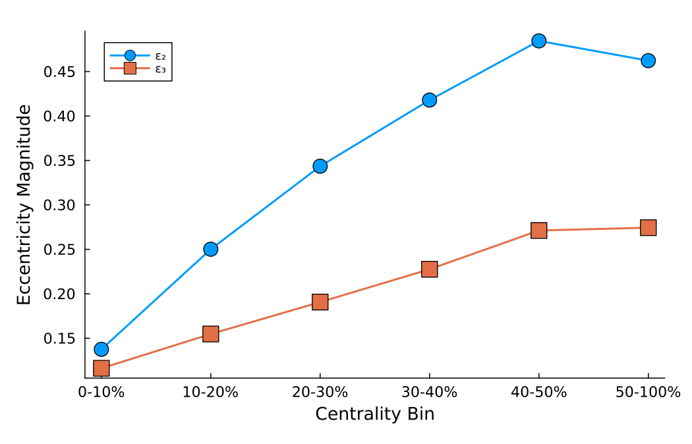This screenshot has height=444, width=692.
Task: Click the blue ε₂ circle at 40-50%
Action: coord(538,41)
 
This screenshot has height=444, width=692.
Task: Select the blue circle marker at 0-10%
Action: coord(101,349)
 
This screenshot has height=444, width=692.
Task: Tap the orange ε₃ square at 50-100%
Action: coord(648,227)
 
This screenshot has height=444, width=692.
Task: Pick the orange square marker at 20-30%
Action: coord(320,302)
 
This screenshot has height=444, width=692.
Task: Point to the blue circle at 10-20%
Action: coord(210,249)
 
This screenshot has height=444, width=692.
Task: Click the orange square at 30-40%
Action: coord(429,269)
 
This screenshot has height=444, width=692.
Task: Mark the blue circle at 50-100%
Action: coord(648,61)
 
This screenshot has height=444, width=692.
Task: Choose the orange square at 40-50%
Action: coord(538,231)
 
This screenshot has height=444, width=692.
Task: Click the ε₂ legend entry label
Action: coord(160,56)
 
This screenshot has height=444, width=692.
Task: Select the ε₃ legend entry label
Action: coord(160,69)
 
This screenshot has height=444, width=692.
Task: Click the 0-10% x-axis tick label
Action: coord(101,392)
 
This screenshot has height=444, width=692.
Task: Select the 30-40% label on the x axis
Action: coord(429,392)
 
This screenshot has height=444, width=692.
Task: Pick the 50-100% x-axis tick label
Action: coord(648,392)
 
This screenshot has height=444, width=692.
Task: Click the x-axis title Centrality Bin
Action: coord(374,414)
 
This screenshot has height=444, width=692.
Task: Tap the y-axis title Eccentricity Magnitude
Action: coord(24,204)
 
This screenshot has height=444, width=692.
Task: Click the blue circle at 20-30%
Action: coord(320,166)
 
